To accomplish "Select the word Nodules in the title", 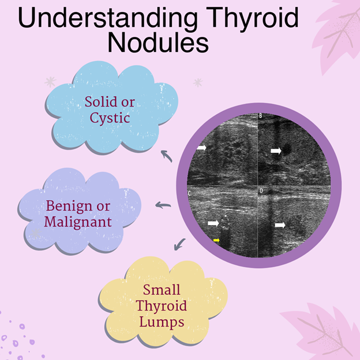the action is [x=158, y=43].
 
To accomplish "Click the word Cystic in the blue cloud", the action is [x=110, y=118].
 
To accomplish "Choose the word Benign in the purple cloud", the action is [x=69, y=207].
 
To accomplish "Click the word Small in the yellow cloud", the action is [x=162, y=290].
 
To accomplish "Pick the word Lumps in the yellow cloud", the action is [x=162, y=321].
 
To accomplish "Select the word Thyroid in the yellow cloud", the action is [x=161, y=306].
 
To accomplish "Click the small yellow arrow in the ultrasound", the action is [x=216, y=240].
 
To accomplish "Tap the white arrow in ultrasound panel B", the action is [x=276, y=151].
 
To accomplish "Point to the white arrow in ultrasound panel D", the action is [x=280, y=225].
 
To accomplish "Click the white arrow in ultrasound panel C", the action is [x=213, y=223].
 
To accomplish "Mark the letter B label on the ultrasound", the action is [x=261, y=116].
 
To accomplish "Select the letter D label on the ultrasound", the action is [x=261, y=191].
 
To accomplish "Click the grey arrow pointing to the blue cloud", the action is [x=167, y=156].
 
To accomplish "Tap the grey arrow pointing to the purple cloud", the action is [x=163, y=205].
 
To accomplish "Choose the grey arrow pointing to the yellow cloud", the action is [x=179, y=244].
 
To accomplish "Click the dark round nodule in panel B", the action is [x=286, y=149].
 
